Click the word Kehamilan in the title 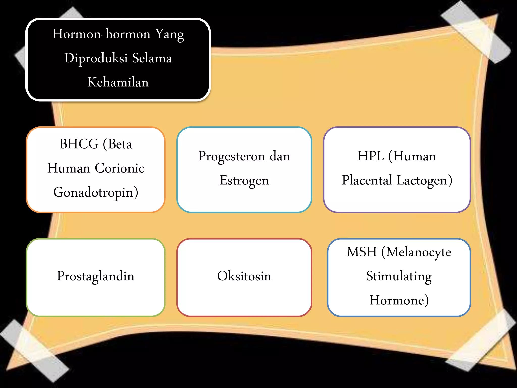[118, 82]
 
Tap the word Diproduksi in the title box [96, 58]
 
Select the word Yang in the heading [169, 34]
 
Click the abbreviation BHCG [79, 144]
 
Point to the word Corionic [120, 168]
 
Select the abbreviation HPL [370, 156]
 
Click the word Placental [367, 180]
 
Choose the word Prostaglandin [95, 276]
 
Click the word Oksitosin [244, 276]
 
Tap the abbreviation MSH [361, 252]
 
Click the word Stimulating [399, 276]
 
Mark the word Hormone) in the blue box [399, 300]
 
